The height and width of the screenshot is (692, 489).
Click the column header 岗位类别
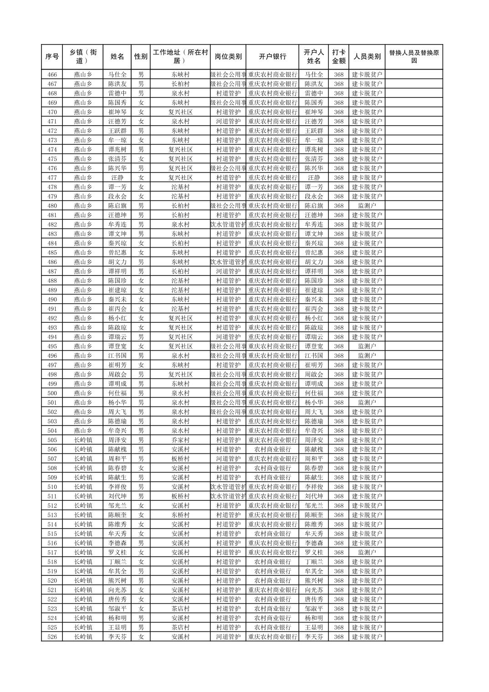(x=228, y=57)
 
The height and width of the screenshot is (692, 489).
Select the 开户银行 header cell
(x=272, y=57)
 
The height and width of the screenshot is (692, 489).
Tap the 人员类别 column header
(x=367, y=57)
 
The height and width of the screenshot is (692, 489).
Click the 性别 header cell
(x=141, y=57)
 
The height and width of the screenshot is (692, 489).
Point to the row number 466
(x=52, y=75)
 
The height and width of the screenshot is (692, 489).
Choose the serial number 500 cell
(x=52, y=393)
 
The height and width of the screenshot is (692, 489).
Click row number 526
(x=52, y=637)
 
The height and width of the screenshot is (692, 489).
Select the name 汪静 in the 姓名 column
(x=117, y=178)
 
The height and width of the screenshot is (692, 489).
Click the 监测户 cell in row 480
(x=367, y=206)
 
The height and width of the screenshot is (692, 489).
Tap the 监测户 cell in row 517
(x=367, y=553)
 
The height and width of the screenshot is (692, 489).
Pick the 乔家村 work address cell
(x=180, y=440)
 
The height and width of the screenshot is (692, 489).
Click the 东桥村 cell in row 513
(x=180, y=515)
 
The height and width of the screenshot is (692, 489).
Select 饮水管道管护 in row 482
(x=228, y=224)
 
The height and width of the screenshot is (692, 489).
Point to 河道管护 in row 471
(x=228, y=122)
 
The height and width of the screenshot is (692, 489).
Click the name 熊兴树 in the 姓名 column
(x=117, y=580)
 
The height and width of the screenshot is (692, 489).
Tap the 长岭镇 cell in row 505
(x=83, y=440)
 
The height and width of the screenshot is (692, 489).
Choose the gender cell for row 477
(x=141, y=178)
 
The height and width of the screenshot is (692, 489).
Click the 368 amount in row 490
(x=338, y=300)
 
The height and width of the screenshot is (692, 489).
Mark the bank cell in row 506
(x=272, y=449)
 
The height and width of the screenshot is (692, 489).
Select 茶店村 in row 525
(x=180, y=627)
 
